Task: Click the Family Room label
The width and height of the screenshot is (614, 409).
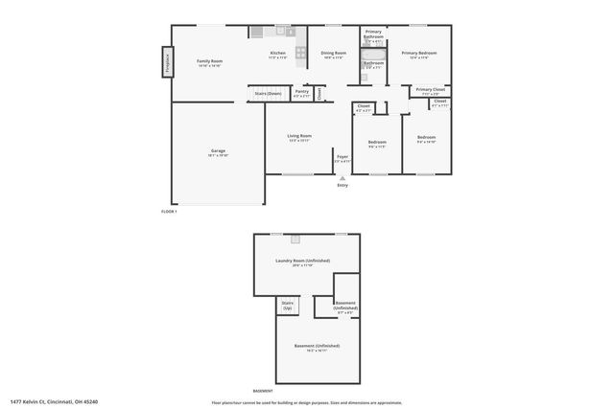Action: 209,60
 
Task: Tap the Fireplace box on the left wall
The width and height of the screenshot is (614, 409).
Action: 168,63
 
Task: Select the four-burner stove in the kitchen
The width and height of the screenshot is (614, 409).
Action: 300,53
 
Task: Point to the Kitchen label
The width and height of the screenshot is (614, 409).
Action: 278,54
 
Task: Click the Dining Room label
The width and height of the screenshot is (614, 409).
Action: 333,54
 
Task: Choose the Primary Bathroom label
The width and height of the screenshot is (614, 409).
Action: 373,36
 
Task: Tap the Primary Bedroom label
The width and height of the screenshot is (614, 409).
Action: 419,54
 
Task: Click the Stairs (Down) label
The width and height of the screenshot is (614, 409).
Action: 269,93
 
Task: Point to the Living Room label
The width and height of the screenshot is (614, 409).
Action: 299,136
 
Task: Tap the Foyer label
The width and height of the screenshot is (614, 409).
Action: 342,157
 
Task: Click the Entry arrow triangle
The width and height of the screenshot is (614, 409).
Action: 342,179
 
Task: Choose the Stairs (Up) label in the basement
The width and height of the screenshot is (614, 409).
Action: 287,307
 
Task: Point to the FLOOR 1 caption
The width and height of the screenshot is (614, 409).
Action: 169,211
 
